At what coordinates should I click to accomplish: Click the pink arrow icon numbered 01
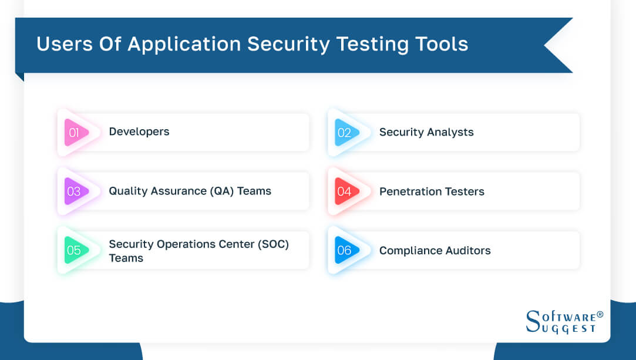point(75,133)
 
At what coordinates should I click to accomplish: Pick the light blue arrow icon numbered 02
point(345,133)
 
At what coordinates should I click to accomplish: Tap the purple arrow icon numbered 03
point(75,191)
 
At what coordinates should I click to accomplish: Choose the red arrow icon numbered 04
point(345,191)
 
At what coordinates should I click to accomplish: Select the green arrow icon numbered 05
point(75,251)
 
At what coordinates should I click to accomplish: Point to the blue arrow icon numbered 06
point(345,251)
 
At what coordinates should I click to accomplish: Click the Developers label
point(139,132)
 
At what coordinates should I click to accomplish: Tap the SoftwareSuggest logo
point(563,322)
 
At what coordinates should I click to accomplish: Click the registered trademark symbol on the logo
point(600,314)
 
